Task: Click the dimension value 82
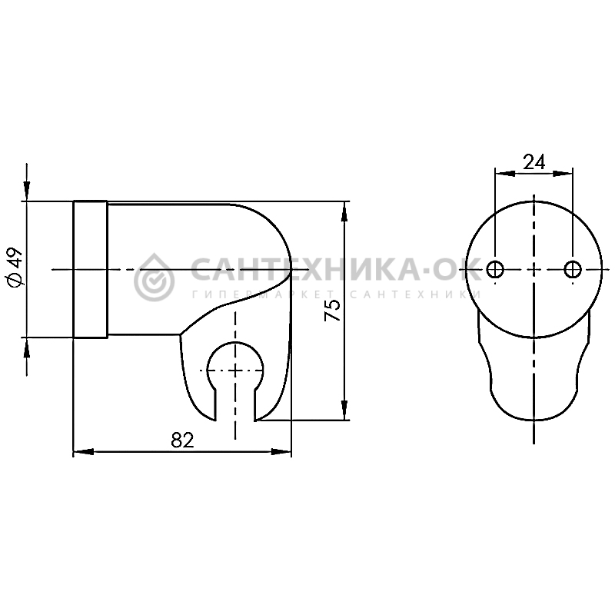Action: pos(182,440)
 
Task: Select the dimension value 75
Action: pos(333,310)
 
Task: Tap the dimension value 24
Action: pos(534,161)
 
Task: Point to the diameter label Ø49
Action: pos(15,267)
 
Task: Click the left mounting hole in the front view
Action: pos(495,269)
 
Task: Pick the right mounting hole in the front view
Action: pos(573,269)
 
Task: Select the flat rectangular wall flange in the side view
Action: pos(90,269)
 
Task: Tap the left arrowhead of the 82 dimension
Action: pos(83,452)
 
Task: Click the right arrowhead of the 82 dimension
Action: pos(281,452)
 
